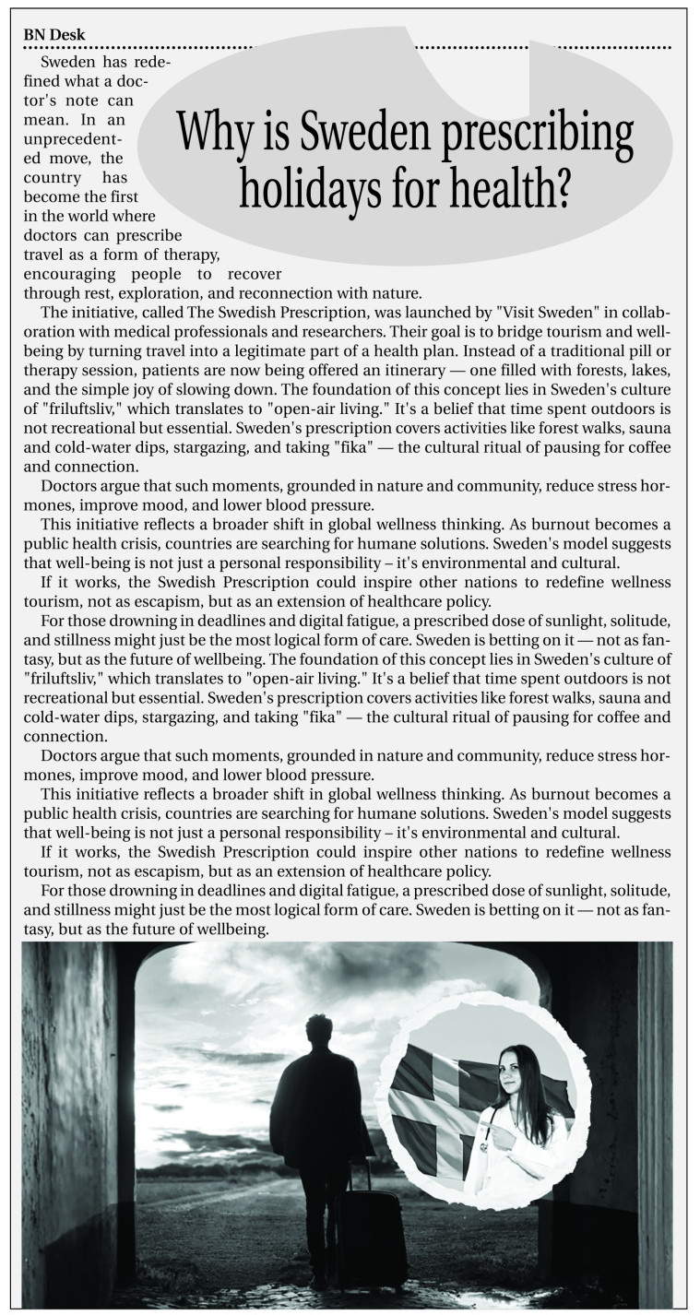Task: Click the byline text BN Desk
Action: (x=54, y=35)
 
